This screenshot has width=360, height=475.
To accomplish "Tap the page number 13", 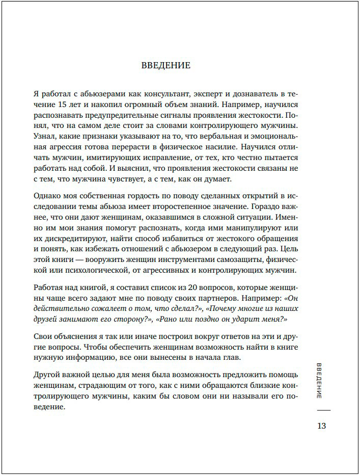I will coord(321,426).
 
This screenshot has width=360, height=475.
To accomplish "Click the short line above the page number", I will coord(323,410).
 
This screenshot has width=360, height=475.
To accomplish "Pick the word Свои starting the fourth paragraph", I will coord(42,337).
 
